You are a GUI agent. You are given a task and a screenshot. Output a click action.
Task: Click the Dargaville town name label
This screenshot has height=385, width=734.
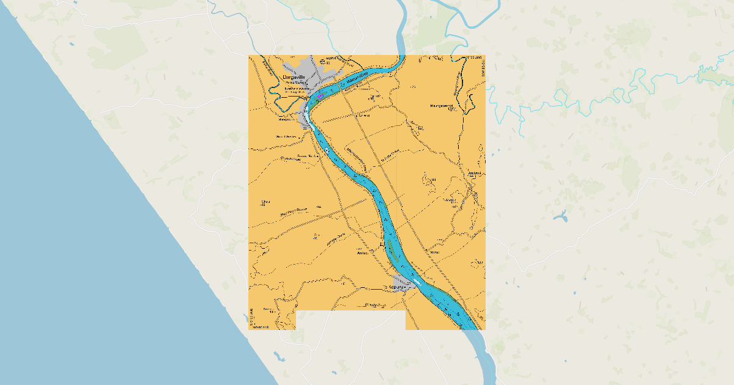290,77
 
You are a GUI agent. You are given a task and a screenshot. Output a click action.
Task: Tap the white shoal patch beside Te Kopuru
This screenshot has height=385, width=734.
417,282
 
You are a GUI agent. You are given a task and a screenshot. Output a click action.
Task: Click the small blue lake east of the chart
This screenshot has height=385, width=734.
560,216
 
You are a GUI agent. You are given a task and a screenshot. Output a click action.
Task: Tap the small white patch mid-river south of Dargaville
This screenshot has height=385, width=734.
328,150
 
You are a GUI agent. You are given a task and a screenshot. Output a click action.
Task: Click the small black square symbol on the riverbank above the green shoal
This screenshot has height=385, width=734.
382,244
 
